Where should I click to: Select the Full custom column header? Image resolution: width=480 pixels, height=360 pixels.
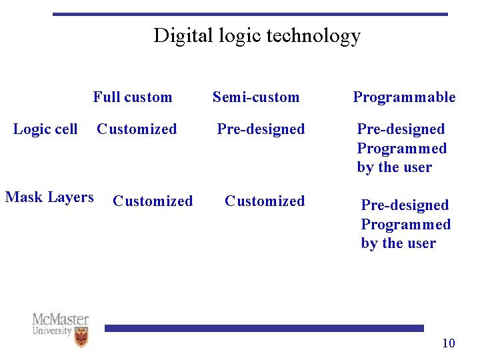pos(132,97)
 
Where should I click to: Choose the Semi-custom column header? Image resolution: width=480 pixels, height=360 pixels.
pos(256,97)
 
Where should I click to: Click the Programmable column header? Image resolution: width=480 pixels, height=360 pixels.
pos(404,97)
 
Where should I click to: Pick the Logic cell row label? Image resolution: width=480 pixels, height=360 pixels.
pos(45,129)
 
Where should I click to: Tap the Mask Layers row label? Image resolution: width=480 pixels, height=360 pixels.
pos(49,197)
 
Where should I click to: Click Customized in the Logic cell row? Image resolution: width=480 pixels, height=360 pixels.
pos(137,129)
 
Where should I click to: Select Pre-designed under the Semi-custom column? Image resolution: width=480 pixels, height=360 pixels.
pos(261,129)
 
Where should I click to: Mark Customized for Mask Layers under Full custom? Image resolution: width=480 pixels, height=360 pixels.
pos(153,201)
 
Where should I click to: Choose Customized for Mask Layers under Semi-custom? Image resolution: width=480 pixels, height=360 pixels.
pos(265,201)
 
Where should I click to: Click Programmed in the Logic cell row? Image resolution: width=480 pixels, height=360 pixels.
pos(401,148)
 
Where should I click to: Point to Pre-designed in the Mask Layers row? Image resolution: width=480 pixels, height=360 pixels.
pos(405,205)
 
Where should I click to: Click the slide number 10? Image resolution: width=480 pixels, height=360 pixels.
pos(449,343)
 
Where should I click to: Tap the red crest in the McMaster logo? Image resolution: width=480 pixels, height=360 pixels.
pos(81,337)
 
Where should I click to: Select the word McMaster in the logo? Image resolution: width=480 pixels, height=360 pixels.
pos(60,319)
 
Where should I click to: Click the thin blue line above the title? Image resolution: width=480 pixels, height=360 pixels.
pos(250,14)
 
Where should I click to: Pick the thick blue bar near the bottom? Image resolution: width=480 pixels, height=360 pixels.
pos(264,328)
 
